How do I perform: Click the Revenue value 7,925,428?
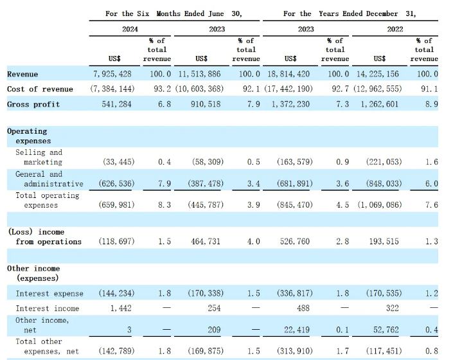click(112, 74)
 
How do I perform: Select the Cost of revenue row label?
click(40, 89)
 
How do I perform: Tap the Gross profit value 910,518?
click(206, 104)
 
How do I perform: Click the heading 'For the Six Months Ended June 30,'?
click(173, 14)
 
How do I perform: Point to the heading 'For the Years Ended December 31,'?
click(350, 14)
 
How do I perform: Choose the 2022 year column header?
click(395, 29)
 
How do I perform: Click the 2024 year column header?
click(130, 29)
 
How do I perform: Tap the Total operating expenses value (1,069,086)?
click(380, 205)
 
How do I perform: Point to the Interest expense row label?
click(49, 294)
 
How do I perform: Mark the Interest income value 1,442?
click(121, 309)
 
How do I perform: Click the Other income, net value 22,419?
click(297, 330)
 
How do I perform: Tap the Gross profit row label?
click(33, 104)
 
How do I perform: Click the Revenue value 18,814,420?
click(289, 74)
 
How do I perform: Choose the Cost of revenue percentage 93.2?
click(162, 89)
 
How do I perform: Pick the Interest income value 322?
click(393, 309)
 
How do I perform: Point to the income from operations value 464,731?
click(206, 241)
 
